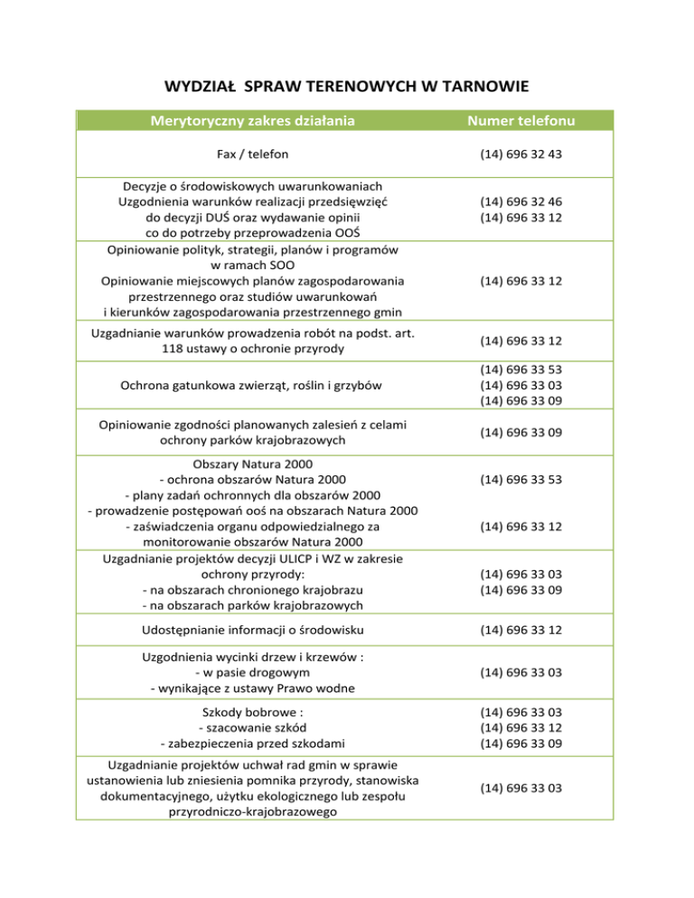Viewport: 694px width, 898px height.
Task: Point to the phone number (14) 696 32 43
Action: [521, 154]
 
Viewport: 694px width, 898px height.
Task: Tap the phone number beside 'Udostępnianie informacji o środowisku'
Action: [521, 629]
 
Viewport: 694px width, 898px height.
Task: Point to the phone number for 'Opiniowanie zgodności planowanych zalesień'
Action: [521, 433]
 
